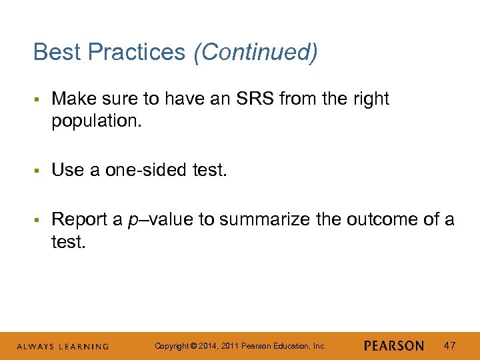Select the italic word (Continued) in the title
[x=255, y=52]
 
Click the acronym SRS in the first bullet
[x=252, y=99]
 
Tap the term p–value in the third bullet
[x=155, y=219]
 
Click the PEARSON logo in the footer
[x=394, y=346]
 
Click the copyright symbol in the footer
[x=193, y=346]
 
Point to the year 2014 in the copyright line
[x=207, y=346]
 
